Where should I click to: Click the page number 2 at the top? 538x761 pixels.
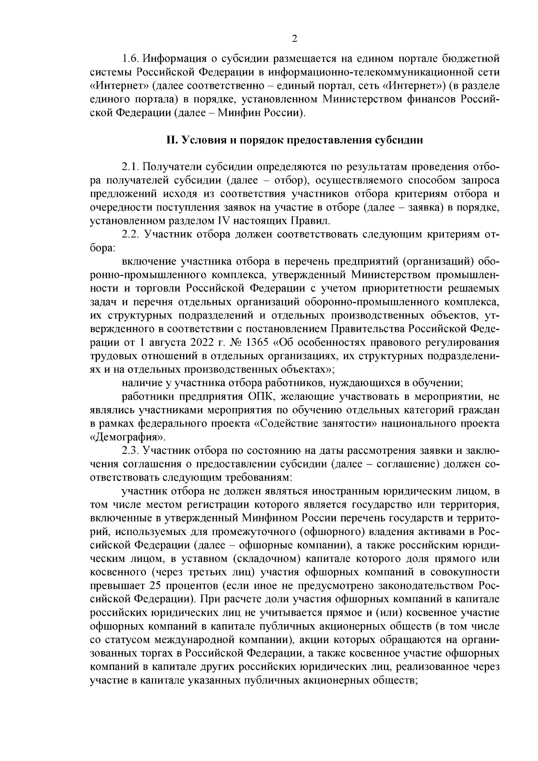click(295, 39)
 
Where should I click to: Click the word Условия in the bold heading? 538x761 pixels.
click(204, 140)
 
